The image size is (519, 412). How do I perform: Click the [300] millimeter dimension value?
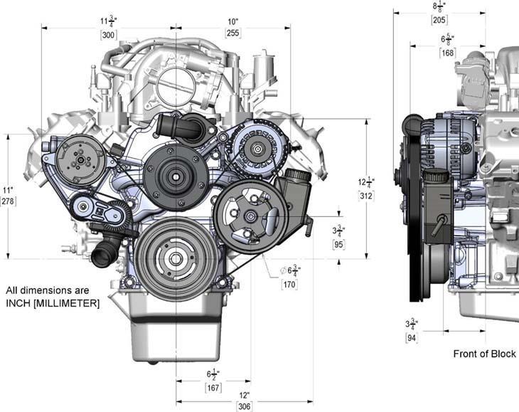click(109, 33)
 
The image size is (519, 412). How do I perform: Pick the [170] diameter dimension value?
click(289, 285)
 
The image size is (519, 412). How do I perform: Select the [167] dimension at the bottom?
click(213, 388)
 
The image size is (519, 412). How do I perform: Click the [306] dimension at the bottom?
click(245, 407)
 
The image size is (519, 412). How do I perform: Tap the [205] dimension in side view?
click(439, 19)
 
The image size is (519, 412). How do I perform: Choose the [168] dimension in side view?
click(448, 52)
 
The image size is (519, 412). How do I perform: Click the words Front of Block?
click(485, 354)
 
